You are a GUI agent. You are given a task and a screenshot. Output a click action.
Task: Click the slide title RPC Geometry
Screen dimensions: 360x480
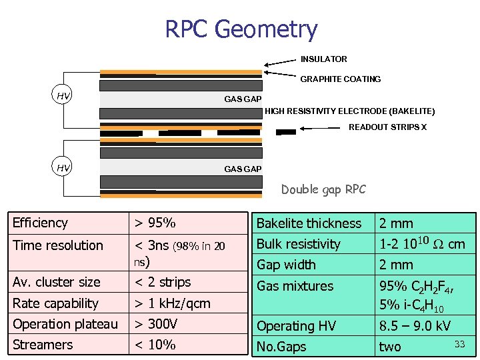point(241,29)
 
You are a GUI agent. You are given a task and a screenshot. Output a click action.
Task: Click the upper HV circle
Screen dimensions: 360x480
point(63,96)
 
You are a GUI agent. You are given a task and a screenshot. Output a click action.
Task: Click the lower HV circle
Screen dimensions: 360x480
point(63,167)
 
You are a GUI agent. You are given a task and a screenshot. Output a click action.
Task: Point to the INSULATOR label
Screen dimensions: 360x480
point(323,59)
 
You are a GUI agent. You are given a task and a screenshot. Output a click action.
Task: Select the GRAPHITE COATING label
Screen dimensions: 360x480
point(340,79)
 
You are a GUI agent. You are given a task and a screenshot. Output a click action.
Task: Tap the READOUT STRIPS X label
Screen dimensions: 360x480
point(387,127)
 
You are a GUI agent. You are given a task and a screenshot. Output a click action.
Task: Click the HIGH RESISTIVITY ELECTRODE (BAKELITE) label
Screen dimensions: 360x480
point(349,111)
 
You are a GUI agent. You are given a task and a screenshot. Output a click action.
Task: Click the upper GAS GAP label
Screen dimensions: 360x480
point(243,99)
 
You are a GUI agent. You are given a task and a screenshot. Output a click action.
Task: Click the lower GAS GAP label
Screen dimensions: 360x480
point(243,169)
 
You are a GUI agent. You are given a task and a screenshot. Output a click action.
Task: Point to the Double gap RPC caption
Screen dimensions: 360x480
point(323,189)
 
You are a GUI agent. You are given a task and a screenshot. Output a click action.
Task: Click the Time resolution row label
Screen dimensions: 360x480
point(58,245)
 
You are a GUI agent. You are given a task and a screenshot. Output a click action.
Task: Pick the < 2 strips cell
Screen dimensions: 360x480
point(163,282)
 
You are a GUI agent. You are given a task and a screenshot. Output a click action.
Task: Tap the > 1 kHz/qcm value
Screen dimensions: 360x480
point(172,303)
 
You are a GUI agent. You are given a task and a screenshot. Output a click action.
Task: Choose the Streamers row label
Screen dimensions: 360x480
point(43,345)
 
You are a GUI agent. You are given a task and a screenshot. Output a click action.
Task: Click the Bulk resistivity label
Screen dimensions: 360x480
point(298,244)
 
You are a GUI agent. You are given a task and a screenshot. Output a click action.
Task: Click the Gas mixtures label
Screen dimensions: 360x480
point(295,286)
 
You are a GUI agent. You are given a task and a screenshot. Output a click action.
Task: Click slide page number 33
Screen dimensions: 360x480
point(459,343)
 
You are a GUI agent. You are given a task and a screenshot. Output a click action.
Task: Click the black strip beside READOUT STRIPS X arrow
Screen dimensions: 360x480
point(286,132)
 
